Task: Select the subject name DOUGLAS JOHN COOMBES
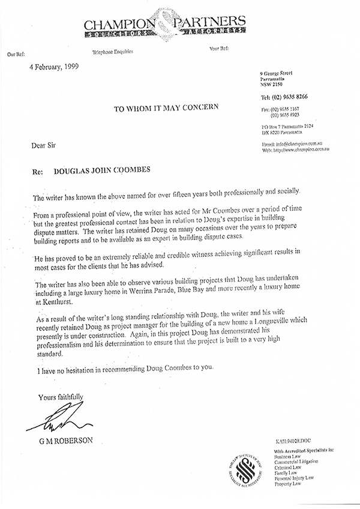[x=109, y=170]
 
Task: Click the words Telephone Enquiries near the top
[x=112, y=52]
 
